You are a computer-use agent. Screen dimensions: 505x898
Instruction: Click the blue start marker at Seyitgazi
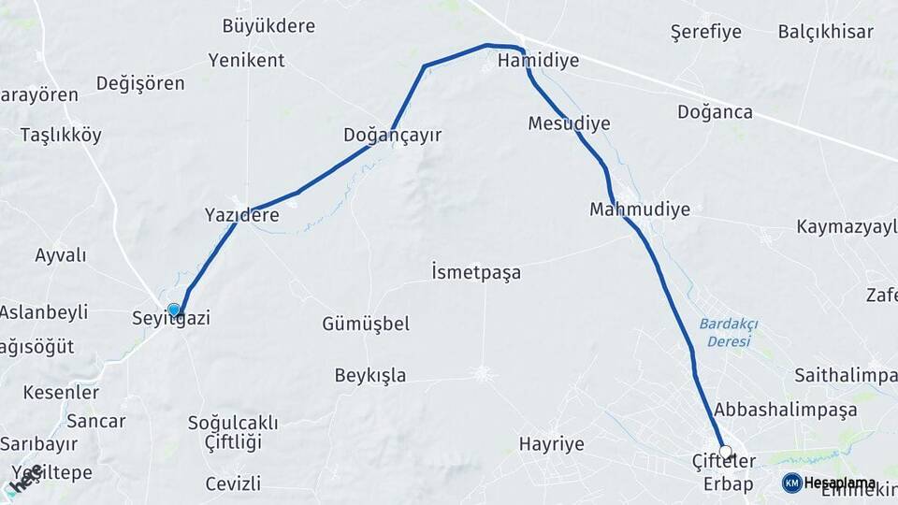tap(174, 310)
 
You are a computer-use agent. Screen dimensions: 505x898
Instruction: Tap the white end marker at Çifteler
tap(725, 452)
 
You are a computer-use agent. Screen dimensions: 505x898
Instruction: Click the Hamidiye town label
tap(538, 61)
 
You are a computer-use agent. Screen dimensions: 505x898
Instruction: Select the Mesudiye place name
tap(569, 123)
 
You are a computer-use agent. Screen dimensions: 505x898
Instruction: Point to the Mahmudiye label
tap(640, 209)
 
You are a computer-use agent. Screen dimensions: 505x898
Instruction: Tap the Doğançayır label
tap(392, 136)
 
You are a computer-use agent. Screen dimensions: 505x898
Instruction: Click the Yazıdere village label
tap(241, 216)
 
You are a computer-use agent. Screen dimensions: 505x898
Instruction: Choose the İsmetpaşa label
tap(476, 273)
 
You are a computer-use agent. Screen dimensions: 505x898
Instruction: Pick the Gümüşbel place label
tap(366, 325)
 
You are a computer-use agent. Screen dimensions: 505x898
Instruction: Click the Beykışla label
tap(370, 376)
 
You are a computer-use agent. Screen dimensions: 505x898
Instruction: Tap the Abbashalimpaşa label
tap(785, 410)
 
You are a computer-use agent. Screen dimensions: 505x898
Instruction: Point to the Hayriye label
tap(551, 444)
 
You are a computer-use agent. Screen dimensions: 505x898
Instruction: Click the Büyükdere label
tap(268, 26)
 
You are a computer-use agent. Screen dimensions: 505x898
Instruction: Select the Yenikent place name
tap(246, 61)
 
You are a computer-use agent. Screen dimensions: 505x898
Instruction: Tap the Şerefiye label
tap(706, 32)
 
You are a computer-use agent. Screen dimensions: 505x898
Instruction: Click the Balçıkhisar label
tap(826, 32)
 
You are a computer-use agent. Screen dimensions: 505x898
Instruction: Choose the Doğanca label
tap(715, 112)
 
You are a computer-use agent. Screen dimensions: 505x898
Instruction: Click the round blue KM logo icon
tap(792, 483)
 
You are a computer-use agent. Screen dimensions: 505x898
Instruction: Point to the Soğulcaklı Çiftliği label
tap(225, 431)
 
